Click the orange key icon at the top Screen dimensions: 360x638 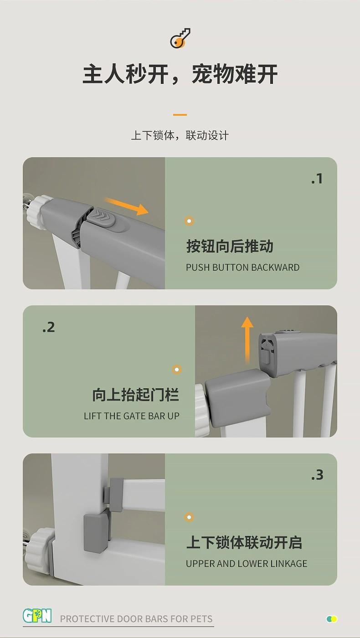point(180,38)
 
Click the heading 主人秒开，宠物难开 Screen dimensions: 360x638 point(180,74)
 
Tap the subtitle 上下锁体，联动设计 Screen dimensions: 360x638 point(180,135)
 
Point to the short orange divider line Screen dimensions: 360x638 point(180,115)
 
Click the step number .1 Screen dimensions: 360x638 point(317,179)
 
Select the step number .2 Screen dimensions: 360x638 point(48,327)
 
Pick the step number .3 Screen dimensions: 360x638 point(317,475)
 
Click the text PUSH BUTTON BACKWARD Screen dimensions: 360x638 point(242,268)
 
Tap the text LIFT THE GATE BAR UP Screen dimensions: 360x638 point(132,416)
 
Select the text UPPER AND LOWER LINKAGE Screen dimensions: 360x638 point(247,563)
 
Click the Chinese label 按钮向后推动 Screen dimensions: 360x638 point(230,246)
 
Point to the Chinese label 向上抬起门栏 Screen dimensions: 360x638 point(136,395)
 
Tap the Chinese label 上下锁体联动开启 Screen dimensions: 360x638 point(244,542)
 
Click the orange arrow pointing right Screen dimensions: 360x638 point(126,206)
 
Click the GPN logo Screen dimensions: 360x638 point(37,616)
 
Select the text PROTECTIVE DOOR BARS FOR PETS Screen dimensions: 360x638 point(136,619)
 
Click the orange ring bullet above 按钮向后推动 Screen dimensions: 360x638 point(189,221)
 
